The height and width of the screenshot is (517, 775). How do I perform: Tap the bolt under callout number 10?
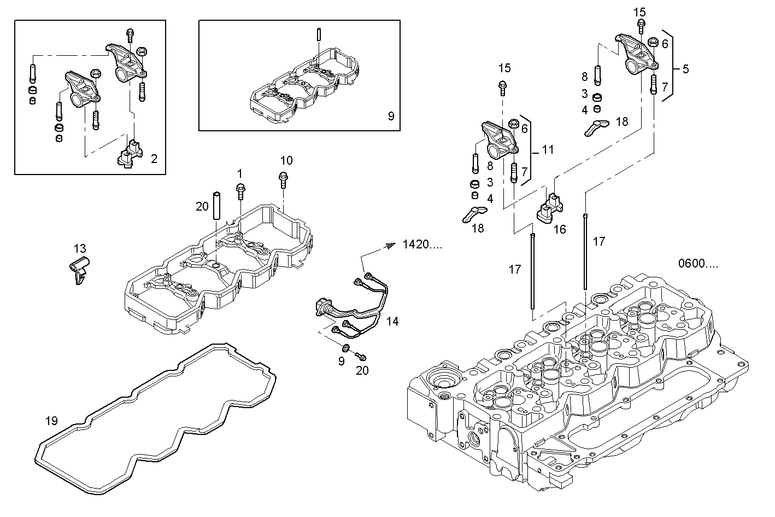click(283, 178)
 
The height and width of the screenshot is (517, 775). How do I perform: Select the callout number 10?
click(286, 160)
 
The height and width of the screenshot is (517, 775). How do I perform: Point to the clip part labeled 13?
click(78, 269)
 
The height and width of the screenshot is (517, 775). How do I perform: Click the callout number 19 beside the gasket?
click(51, 421)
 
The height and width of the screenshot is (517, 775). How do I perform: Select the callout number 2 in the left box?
click(154, 159)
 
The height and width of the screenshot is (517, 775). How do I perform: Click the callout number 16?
click(560, 230)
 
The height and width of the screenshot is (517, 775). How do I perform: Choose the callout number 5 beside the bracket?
click(685, 69)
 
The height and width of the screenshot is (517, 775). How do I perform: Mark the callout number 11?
click(548, 149)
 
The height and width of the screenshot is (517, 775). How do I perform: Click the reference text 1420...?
click(422, 245)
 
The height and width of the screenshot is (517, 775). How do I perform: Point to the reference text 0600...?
click(698, 264)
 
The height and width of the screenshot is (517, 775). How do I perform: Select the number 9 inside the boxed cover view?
click(390, 116)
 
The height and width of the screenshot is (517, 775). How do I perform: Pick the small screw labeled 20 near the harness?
click(360, 356)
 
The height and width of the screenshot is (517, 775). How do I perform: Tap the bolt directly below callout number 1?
click(240, 191)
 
